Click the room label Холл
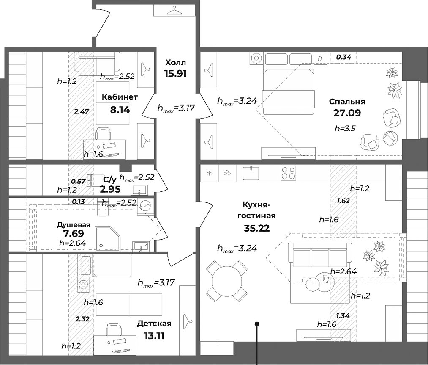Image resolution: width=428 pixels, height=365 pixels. (x=175, y=63)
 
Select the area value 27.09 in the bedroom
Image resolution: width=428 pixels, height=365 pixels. (x=346, y=113)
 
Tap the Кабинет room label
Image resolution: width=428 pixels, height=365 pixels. (x=120, y=97)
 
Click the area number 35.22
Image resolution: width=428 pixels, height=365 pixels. (x=256, y=228)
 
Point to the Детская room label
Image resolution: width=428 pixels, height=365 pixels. (x=154, y=324)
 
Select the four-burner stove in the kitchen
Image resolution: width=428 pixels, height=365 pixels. (x=288, y=173)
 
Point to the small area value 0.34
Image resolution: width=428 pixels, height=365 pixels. (x=343, y=57)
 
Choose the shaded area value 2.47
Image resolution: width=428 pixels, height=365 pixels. (x=81, y=111)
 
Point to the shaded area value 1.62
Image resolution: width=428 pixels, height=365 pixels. (x=343, y=201)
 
